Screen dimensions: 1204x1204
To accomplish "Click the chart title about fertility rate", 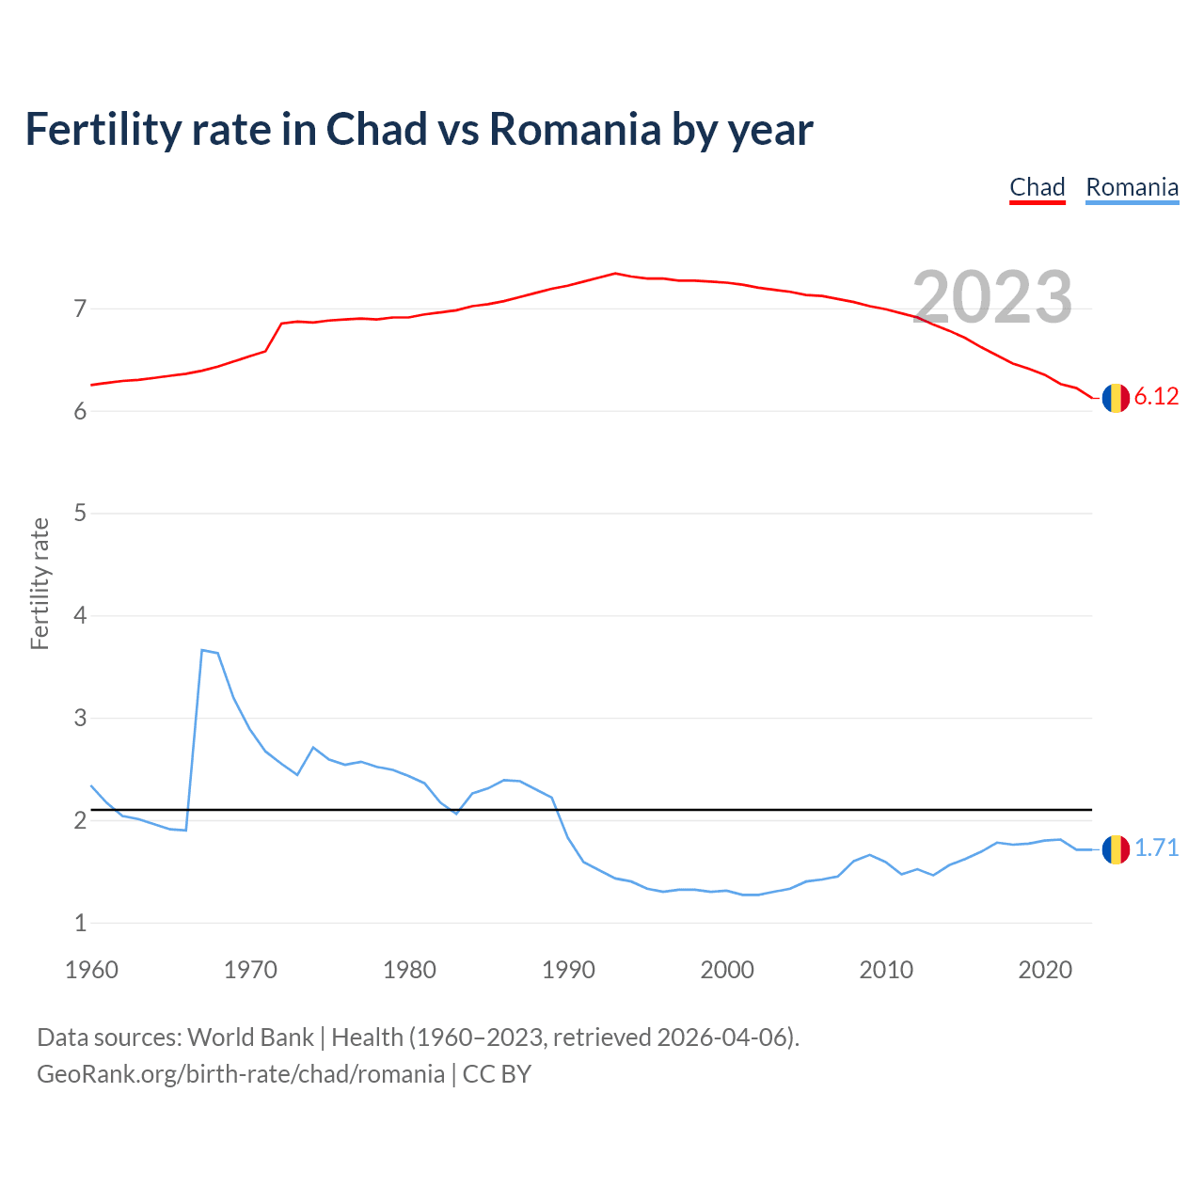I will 419,129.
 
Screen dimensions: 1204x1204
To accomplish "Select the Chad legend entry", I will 1037,187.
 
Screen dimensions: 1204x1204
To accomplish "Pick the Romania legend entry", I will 1132,187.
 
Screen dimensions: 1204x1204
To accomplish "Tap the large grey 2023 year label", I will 992,297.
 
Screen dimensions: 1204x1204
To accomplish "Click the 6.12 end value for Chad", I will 1156,397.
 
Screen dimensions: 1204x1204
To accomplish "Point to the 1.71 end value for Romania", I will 1156,848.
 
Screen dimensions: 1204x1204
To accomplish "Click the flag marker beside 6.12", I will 1116,398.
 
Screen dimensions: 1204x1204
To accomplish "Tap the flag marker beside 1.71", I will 1116,849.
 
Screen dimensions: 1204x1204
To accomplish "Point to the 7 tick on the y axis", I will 80,309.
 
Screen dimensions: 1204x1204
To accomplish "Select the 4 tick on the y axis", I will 80,616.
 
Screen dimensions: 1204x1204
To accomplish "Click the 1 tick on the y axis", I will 80,924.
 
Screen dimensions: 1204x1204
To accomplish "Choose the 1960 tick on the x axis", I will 91,970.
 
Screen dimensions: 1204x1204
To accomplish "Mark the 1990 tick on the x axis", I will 568,970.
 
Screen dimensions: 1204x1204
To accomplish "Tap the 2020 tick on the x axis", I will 1045,970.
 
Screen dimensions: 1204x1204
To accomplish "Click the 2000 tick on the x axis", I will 727,970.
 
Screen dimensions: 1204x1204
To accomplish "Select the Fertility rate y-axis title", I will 40,583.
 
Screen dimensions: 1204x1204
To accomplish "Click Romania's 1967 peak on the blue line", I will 202,650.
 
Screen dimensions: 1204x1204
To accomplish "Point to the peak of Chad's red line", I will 615,273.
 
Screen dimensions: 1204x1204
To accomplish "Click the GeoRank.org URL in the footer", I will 241,1074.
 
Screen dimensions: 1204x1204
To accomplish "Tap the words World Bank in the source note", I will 250,1038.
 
